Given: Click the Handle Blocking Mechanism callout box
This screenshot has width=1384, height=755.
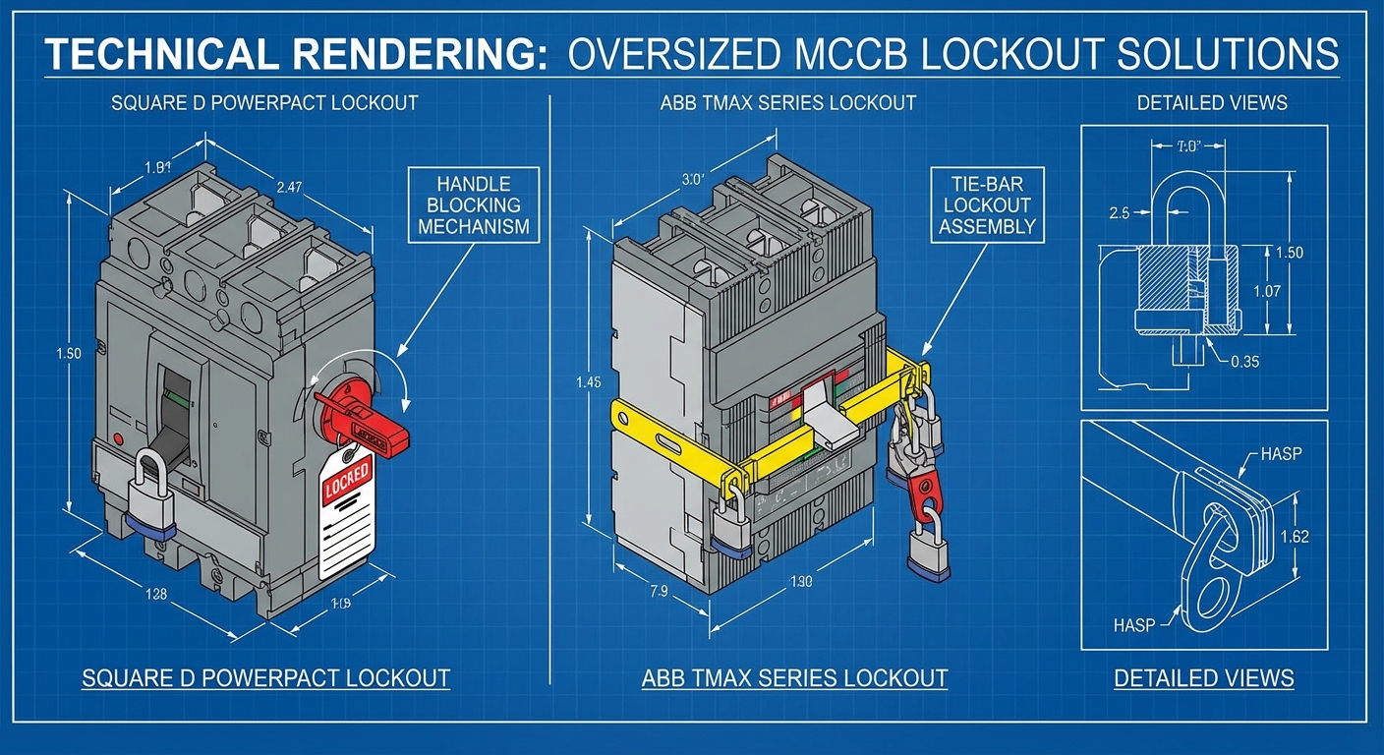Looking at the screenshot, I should pos(473,204).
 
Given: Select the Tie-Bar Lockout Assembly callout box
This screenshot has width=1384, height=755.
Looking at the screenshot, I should pos(985,205).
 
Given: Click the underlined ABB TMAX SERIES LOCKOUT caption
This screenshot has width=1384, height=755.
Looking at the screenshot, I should pos(794,678).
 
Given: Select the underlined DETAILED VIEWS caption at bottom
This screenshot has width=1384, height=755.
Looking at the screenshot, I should pos(1203,678).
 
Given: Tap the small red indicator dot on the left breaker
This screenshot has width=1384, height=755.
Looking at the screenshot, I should pos(119,437).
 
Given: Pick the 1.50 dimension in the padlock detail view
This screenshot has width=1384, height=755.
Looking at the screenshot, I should pos(1287,253).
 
